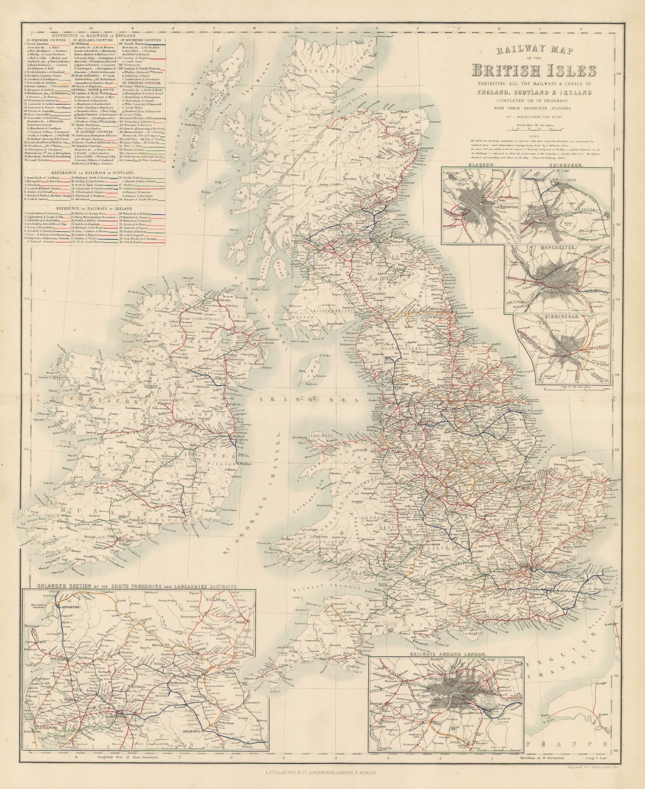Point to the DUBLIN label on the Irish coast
click(x=235, y=437)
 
